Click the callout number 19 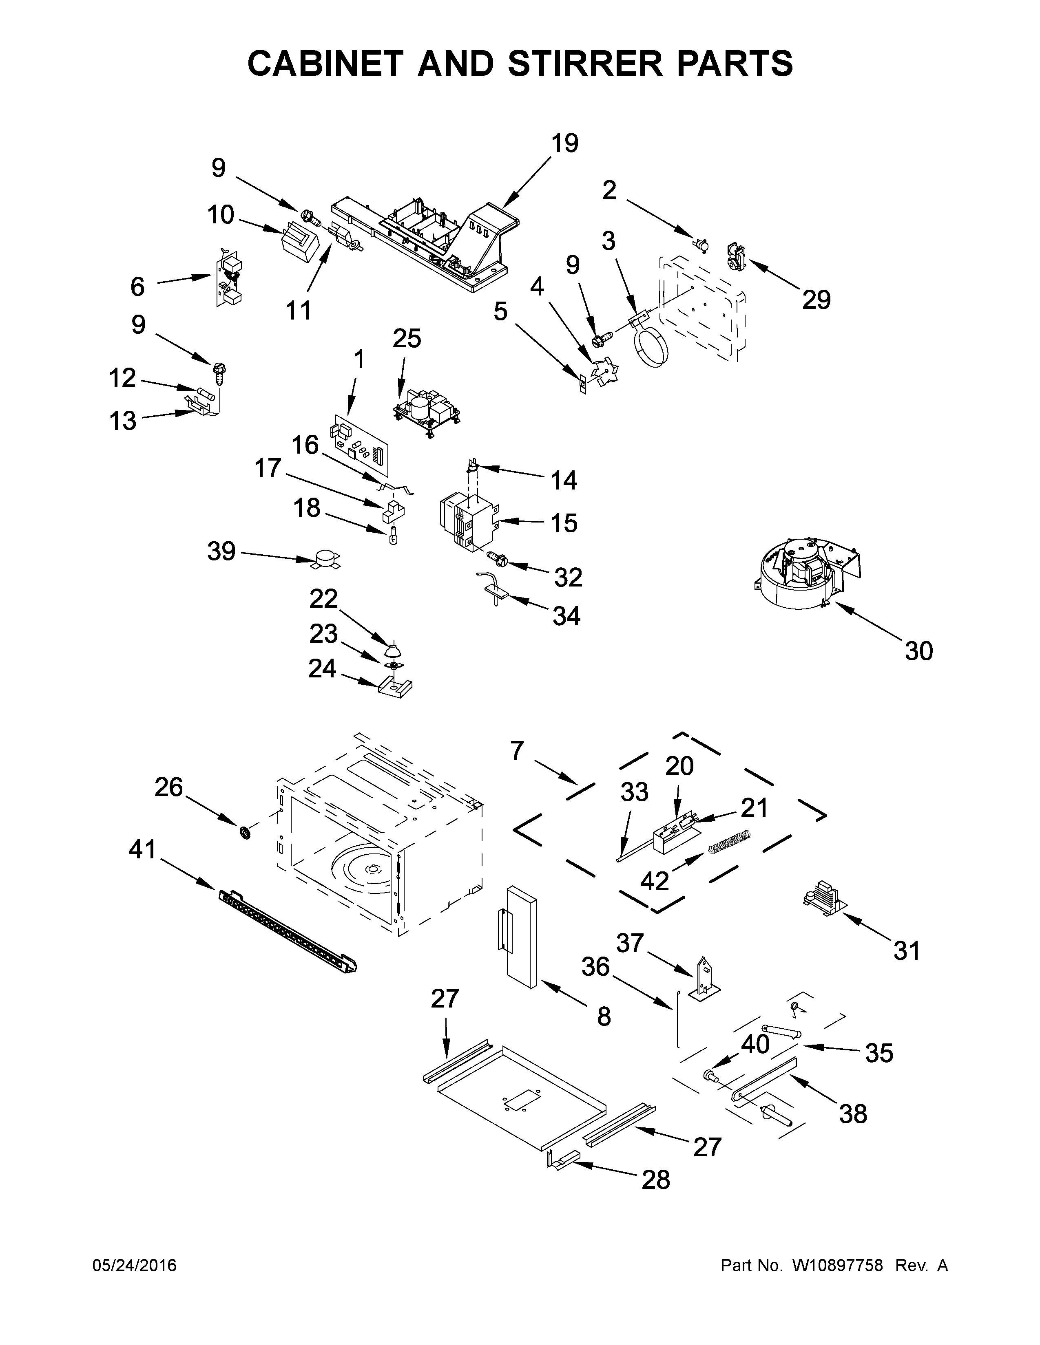tap(564, 143)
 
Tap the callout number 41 tap(143, 850)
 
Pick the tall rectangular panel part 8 tap(521, 942)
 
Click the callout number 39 tap(221, 551)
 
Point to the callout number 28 tap(655, 1180)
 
